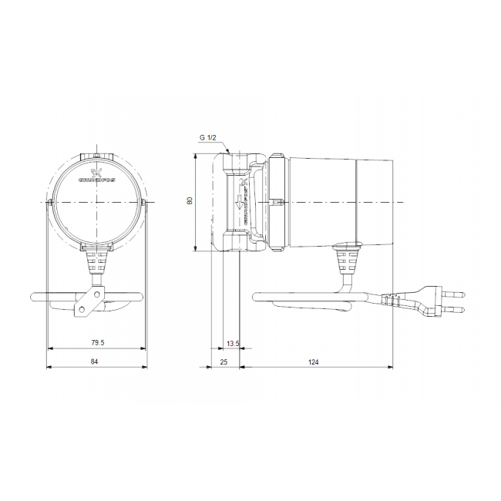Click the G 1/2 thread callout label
(x=209, y=137)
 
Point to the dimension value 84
(x=95, y=360)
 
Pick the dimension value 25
(x=224, y=360)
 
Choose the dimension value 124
(x=314, y=360)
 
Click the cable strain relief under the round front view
(x=96, y=262)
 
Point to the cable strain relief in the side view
(x=346, y=262)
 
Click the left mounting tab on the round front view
(x=49, y=203)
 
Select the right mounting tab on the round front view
(x=144, y=203)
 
